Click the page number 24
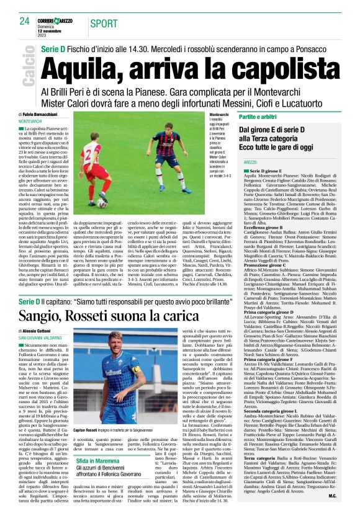click(24, 21)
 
